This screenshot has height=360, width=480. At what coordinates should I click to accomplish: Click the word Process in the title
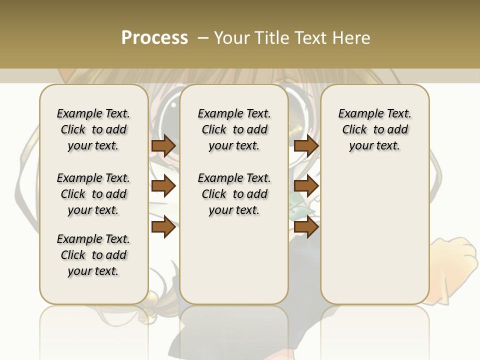[154, 38]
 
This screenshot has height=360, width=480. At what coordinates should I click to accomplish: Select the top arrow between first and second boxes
[163, 146]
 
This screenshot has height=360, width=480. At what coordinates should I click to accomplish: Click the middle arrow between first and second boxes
[163, 186]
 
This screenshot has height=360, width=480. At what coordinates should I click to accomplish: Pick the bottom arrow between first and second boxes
[163, 227]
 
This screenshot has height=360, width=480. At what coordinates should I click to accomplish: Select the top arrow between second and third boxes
[306, 146]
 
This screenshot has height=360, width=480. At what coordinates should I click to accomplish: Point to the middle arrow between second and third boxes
[306, 186]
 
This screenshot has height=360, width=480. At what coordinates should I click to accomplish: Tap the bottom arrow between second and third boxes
[306, 227]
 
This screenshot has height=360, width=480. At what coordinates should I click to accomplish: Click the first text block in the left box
[93, 129]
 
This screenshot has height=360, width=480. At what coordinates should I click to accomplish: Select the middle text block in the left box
[93, 194]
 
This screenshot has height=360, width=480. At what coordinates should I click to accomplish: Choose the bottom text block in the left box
[93, 255]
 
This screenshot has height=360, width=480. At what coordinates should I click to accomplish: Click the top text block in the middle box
[234, 129]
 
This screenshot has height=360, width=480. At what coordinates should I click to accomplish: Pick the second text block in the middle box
[234, 194]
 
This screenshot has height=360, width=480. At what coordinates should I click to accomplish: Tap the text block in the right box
[375, 129]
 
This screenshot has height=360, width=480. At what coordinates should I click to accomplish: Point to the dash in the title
[202, 38]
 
